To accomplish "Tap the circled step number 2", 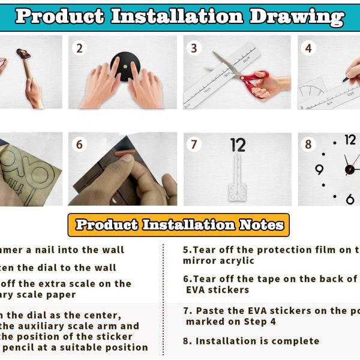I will pyautogui.click(x=79, y=47).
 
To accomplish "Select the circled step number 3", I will pyautogui.click(x=194, y=47).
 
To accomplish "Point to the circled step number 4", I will pyautogui.click(x=308, y=47).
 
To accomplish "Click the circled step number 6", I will pyautogui.click(x=79, y=145).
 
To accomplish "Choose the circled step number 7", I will pyautogui.click(x=194, y=145).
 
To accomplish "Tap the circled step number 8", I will pyautogui.click(x=308, y=145).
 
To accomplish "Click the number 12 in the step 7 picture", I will pyautogui.click(x=238, y=145).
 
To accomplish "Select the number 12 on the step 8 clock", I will pyautogui.click(x=350, y=140).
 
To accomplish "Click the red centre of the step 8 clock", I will pyautogui.click(x=349, y=169).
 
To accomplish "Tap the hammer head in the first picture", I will pyautogui.click(x=23, y=55).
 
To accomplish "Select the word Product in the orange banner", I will pyautogui.click(x=106, y=225).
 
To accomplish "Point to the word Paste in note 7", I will pyautogui.click(x=212, y=311).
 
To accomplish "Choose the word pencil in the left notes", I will pyautogui.click(x=17, y=347).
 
